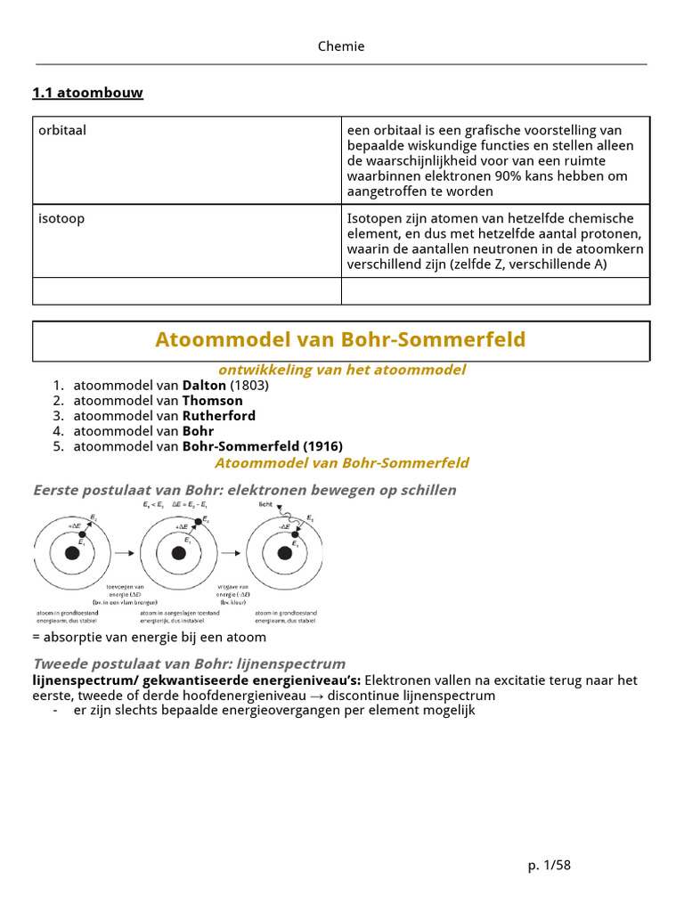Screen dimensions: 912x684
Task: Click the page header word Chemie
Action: pyautogui.click(x=341, y=46)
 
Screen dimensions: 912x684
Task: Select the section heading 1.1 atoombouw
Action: pyautogui.click(x=87, y=93)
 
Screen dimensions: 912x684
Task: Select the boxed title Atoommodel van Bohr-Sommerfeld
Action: pyautogui.click(x=340, y=339)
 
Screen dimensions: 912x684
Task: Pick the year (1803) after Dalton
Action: pyautogui.click(x=249, y=386)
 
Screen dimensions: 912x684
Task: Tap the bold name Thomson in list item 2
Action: pyautogui.click(x=212, y=401)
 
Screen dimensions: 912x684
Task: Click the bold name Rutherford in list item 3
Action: pyautogui.click(x=218, y=416)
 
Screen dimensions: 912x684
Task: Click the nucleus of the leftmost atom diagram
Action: pyautogui.click(x=72, y=553)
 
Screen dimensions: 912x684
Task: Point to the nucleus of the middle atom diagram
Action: pyautogui.click(x=178, y=553)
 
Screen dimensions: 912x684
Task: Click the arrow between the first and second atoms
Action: pyautogui.click(x=125, y=553)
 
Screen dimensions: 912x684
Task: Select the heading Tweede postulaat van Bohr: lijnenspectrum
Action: pyautogui.click(x=189, y=664)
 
